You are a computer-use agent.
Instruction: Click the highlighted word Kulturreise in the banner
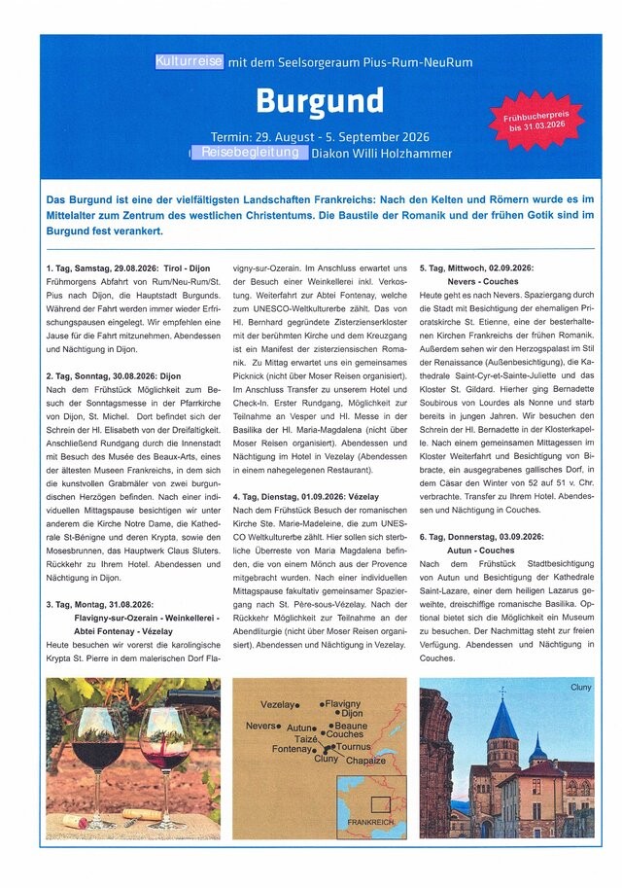pyautogui.click(x=189, y=61)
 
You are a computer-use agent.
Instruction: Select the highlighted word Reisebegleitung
pyautogui.click(x=250, y=153)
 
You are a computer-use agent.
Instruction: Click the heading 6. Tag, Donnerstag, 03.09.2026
pyautogui.click(x=481, y=536)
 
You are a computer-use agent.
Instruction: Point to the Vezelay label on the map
pyautogui.click(x=277, y=704)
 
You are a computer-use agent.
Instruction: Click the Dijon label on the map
pyautogui.click(x=352, y=714)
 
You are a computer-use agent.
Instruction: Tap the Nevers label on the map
pyautogui.click(x=260, y=726)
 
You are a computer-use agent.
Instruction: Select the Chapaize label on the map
pyautogui.click(x=366, y=761)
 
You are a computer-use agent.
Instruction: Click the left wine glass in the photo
pyautogui.click(x=97, y=749)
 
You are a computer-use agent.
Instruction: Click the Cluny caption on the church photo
pyautogui.click(x=581, y=689)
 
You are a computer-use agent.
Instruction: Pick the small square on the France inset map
pyautogui.click(x=380, y=804)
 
